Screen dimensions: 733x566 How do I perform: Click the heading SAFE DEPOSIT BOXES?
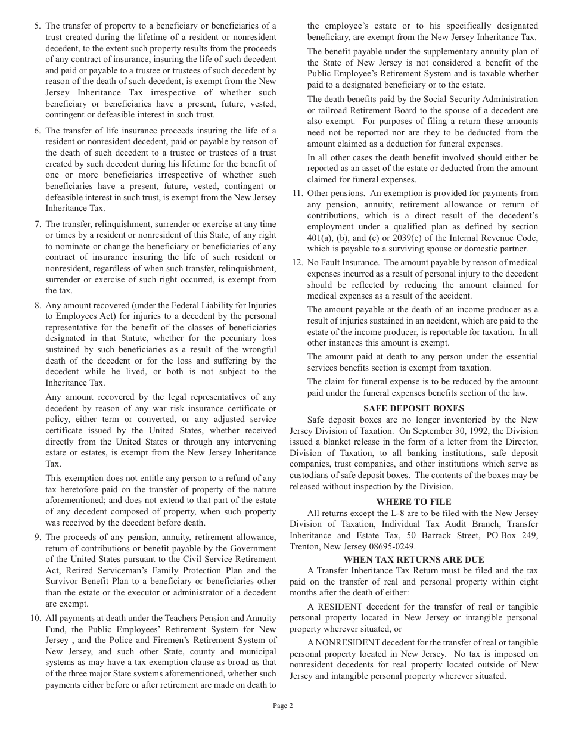[413, 408]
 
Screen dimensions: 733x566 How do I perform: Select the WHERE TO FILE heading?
[413, 502]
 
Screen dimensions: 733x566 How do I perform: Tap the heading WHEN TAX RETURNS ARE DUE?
[413, 560]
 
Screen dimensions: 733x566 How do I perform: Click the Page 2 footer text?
[283, 706]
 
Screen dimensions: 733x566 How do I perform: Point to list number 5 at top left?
[38, 26]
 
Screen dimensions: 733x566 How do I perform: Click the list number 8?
[38, 305]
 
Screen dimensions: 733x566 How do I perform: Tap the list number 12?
[297, 262]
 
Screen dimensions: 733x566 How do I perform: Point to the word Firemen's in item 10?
[154, 640]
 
